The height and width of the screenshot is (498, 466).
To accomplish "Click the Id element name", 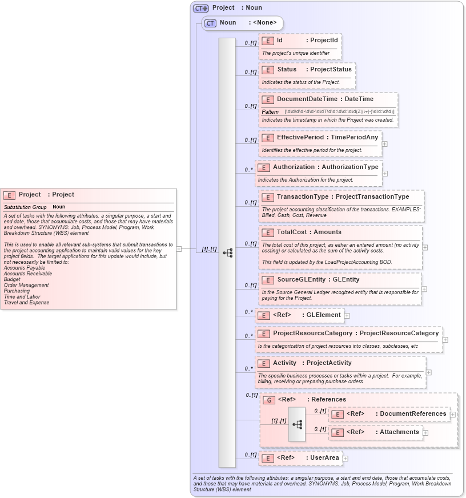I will coord(280,40).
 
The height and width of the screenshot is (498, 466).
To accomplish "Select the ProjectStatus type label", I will coord(331,69).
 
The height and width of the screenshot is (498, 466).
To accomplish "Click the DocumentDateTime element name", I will coord(307,99).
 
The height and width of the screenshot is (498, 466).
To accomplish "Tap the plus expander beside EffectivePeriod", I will coord(384,144).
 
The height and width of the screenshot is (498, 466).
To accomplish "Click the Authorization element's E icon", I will coord(263,167).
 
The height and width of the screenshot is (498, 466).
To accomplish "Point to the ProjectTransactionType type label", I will coord(372,196).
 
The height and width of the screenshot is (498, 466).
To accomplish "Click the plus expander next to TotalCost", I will coord(425,247).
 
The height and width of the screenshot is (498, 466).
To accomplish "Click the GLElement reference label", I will coord(323,315).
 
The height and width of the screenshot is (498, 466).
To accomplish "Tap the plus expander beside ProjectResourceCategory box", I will coord(445,340).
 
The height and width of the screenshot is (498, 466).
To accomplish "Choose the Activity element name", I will coord(284,363).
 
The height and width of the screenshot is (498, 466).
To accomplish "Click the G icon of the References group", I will coord(268,400).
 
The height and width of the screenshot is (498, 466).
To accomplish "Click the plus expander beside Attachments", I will coord(425,433).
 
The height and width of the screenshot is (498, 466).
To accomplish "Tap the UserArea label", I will coord(324,457).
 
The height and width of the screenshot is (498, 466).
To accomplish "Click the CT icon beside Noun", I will coord(210,23).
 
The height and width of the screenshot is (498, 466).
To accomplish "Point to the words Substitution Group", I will coord(25,207).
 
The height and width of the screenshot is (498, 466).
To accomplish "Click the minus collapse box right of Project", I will coord(179,249).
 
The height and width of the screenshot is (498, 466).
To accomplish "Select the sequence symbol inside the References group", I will coord(297,424).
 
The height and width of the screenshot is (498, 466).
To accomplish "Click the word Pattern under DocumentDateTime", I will coord(270,112).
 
